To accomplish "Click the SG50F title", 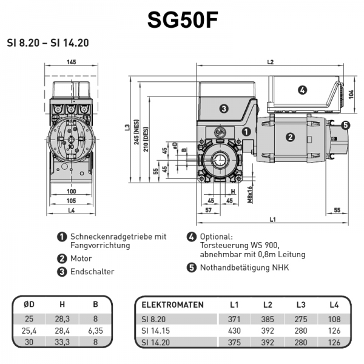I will tap(182, 20).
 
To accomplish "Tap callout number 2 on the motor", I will tap(290, 137).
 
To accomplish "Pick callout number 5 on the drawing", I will tap(345, 126).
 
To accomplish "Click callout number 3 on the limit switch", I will tap(223, 109).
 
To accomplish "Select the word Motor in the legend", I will tap(81, 258).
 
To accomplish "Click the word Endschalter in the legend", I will tap(92, 272).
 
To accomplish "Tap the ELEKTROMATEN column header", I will tap(172, 305).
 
